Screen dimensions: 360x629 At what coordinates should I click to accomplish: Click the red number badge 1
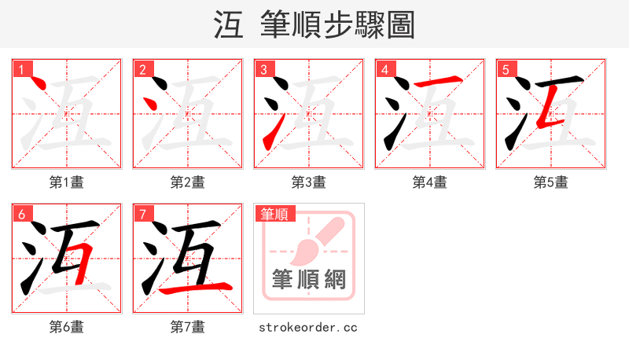click(x=21, y=69)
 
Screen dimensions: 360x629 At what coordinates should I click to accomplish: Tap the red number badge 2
click(x=142, y=69)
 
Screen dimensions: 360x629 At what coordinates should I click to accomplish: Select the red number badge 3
click(x=263, y=69)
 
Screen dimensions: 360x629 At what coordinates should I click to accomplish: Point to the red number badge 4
click(x=384, y=69)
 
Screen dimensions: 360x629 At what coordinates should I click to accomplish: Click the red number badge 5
click(x=506, y=69)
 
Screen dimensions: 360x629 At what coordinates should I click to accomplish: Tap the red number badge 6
click(x=21, y=214)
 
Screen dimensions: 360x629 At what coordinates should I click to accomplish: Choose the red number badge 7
click(x=142, y=214)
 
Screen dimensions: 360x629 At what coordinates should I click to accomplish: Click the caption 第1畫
click(x=67, y=182)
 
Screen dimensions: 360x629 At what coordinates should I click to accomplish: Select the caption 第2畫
click(x=188, y=182)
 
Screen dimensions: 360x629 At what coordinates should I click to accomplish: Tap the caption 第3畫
click(x=309, y=182)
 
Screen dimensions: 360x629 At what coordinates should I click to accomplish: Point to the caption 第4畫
click(x=430, y=182)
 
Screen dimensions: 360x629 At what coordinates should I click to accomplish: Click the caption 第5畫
click(x=551, y=182)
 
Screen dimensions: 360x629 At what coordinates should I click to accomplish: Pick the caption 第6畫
click(x=67, y=327)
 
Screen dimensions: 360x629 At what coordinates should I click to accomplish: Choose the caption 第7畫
click(x=188, y=327)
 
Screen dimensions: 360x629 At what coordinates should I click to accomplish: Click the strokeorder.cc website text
click(x=308, y=327)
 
